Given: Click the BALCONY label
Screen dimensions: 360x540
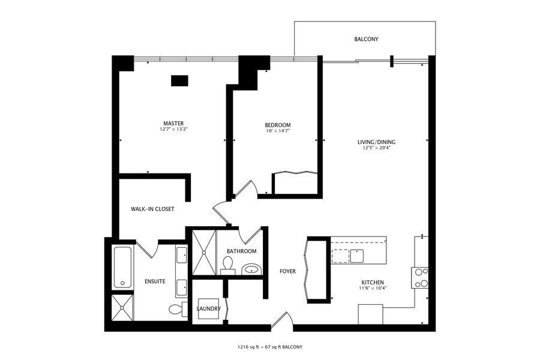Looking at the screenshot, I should (x=366, y=40).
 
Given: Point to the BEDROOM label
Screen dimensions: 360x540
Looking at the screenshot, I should (x=278, y=125).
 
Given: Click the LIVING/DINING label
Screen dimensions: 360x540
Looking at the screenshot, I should (x=376, y=142).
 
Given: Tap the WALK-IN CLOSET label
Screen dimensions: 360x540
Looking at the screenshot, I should (x=152, y=209).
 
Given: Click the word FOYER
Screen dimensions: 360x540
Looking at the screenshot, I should (x=287, y=271).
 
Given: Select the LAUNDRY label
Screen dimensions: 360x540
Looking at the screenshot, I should (x=208, y=309).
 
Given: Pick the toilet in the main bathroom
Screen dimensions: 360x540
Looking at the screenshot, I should (x=227, y=265).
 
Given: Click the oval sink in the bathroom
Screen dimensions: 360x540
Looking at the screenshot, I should (x=252, y=269).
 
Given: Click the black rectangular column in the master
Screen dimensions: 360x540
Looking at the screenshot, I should (x=179, y=80).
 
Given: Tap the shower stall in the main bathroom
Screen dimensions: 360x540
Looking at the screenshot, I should (x=202, y=253).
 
